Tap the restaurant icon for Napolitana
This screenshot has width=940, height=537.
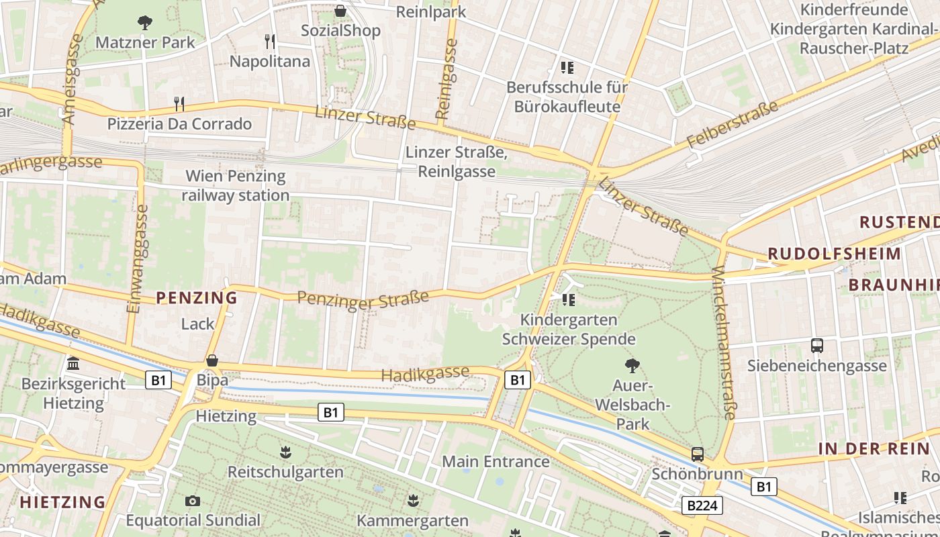[x=270, y=42]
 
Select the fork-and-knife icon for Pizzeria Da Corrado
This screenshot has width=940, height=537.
[x=179, y=103]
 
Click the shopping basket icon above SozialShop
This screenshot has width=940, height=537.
[x=340, y=11]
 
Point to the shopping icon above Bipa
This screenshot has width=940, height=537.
[x=212, y=360]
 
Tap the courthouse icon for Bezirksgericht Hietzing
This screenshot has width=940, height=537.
[x=73, y=364]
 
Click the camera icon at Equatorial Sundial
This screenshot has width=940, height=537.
[x=193, y=501]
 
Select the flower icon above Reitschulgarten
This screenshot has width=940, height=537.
[x=286, y=452]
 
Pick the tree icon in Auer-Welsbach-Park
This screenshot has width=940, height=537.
[x=632, y=366]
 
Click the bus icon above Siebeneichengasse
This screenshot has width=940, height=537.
[x=817, y=346]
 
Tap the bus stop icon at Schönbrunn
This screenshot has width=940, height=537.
[x=698, y=454]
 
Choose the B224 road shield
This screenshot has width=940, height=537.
[x=702, y=505]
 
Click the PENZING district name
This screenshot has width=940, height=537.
[x=197, y=297]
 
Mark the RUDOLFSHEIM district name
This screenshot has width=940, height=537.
[x=834, y=254]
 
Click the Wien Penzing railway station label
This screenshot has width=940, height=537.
[x=235, y=186]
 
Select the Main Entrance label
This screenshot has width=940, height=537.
[x=496, y=462]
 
